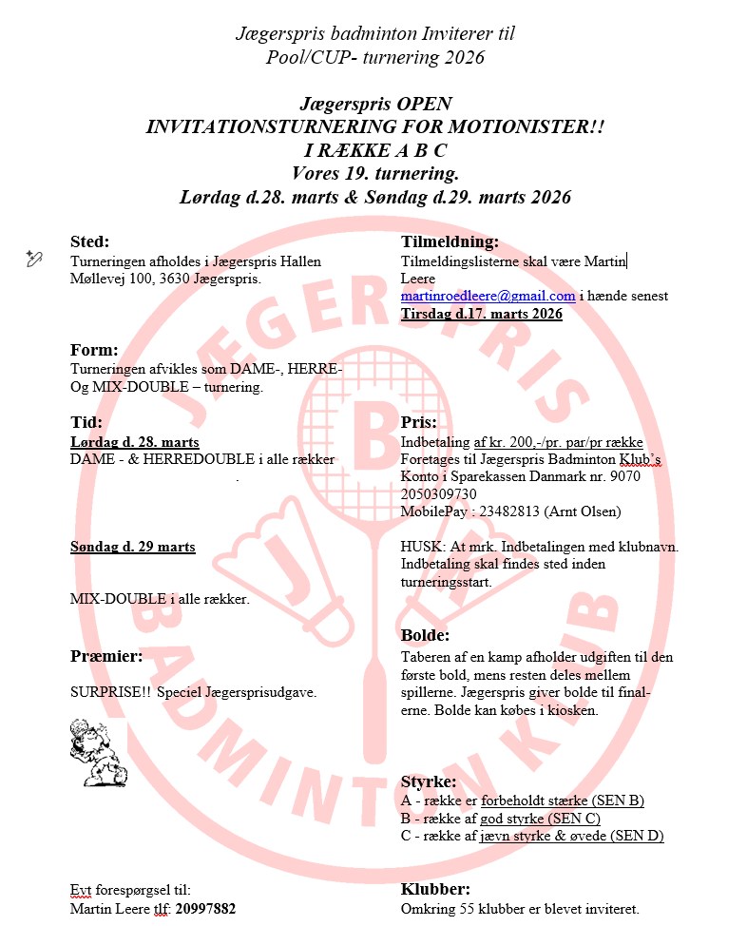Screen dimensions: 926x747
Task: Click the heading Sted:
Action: point(90,241)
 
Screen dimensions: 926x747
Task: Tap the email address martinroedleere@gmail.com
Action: point(488,296)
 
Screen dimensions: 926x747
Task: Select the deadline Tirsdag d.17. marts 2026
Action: point(481,314)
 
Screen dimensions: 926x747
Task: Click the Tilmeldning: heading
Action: point(450,241)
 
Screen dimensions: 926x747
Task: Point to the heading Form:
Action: point(94,349)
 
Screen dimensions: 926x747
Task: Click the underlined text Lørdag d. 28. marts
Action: point(134,442)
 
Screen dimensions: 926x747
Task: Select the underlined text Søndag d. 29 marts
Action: point(133,547)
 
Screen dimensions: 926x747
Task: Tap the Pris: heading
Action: point(419,422)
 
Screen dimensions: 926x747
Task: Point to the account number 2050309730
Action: point(439,494)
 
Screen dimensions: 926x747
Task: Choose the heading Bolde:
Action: point(425,635)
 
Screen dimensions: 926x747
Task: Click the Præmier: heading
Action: point(106,656)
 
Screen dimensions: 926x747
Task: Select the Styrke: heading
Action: point(429,781)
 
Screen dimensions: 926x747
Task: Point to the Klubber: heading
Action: point(435,889)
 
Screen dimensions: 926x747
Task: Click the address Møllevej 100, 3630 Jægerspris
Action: point(165,279)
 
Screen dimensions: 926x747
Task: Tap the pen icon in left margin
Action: point(32,258)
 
